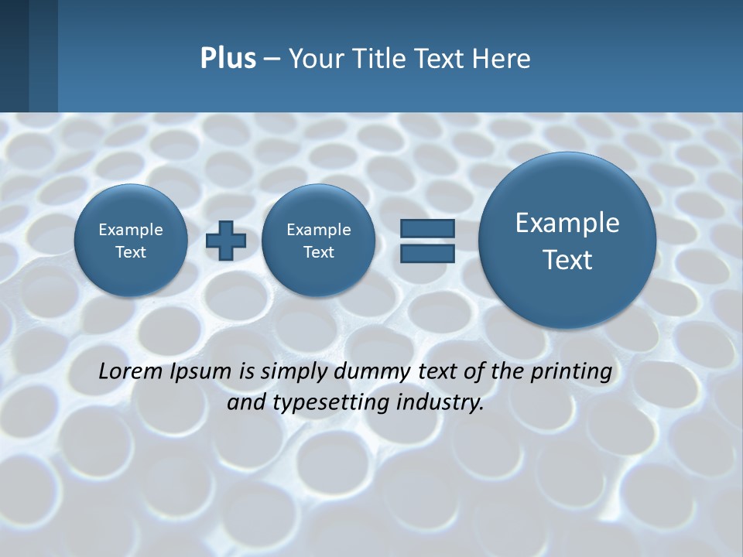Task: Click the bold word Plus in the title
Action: [x=228, y=59]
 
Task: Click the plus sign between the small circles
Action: [x=226, y=241]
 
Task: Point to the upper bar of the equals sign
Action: [x=426, y=228]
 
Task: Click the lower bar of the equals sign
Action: [x=426, y=254]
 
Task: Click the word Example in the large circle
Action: [x=567, y=223]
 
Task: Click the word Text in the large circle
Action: [x=567, y=260]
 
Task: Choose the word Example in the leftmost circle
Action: [x=131, y=230]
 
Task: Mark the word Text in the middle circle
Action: [x=318, y=252]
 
